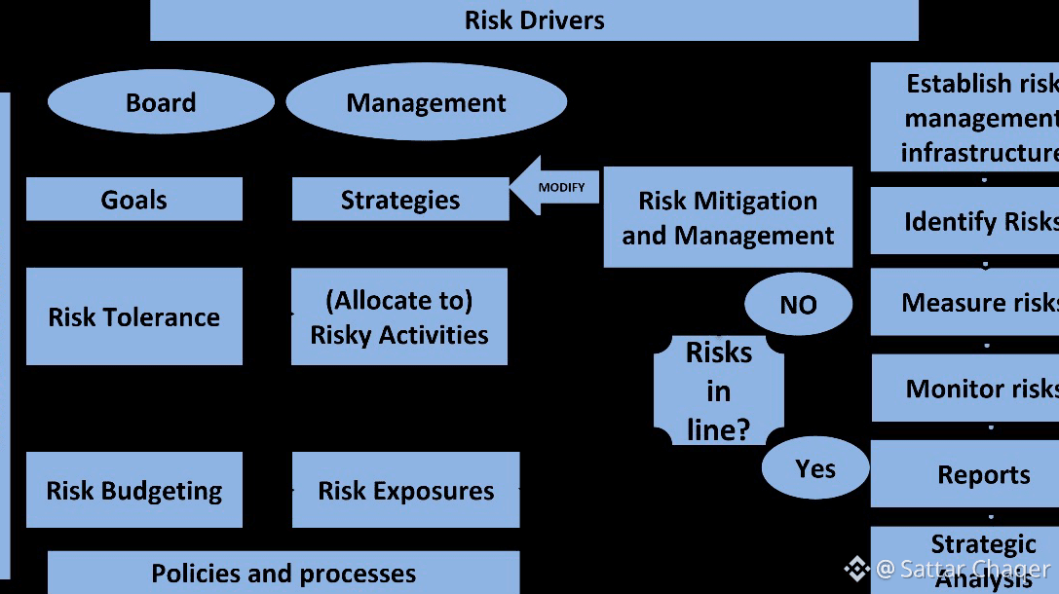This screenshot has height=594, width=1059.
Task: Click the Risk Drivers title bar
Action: tap(534, 20)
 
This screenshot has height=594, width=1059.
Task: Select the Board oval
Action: tap(161, 102)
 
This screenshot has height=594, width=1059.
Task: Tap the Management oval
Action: tap(426, 102)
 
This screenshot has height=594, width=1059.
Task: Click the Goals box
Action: tap(133, 200)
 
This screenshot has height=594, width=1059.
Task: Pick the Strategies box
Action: tap(399, 200)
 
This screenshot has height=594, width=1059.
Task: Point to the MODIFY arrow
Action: tap(555, 186)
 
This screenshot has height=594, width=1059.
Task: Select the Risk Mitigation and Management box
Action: tap(728, 217)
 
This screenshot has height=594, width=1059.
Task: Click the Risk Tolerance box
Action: tap(133, 316)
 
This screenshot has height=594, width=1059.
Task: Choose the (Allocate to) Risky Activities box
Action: tap(399, 317)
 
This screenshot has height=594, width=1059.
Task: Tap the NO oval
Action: tap(798, 305)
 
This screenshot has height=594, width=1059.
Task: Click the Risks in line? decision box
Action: tap(718, 390)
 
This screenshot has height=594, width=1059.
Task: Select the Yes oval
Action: tap(815, 468)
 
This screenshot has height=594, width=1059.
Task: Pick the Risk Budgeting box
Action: tap(133, 490)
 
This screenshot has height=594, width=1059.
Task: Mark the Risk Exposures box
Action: tap(405, 490)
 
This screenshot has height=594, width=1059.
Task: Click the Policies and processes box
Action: tap(283, 573)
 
